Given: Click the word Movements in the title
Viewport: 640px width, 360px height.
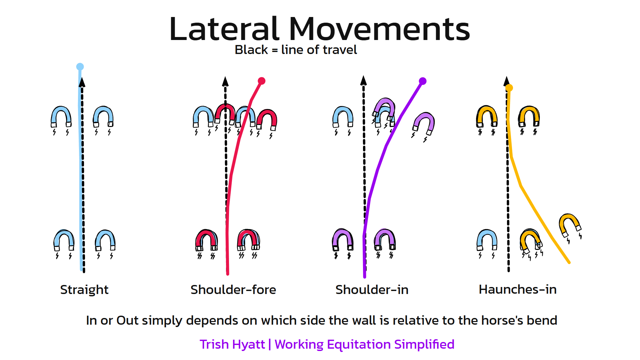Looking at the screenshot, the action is tap(379, 29).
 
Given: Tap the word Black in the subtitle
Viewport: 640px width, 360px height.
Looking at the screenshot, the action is tap(251, 50).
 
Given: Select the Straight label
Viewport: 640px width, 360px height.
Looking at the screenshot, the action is tap(84, 290).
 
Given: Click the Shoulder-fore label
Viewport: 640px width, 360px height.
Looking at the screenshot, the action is tap(233, 290).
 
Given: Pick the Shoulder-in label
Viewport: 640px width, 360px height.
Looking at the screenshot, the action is tap(372, 290).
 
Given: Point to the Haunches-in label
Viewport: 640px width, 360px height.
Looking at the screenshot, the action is tap(518, 289).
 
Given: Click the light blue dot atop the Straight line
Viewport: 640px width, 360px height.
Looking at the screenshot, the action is tap(80, 67).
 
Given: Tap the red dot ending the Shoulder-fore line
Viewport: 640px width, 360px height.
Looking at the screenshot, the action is tap(262, 81).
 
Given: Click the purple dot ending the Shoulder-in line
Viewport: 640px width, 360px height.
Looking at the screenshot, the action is tap(423, 81).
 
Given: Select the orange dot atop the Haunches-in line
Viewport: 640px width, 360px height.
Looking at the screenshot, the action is tap(509, 88).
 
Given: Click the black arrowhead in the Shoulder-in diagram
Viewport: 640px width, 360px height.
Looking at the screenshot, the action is tap(364, 80).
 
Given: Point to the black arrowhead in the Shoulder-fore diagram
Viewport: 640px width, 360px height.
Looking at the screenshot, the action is tap(225, 81).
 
